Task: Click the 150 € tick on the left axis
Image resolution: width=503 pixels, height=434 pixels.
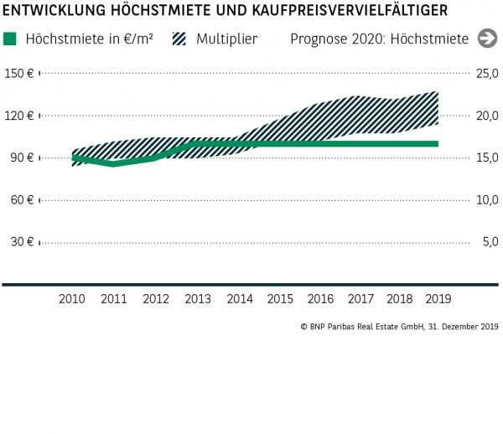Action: point(18,74)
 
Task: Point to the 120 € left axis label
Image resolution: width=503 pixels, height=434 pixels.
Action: point(18,116)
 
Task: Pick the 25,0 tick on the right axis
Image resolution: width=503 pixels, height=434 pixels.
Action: point(487,74)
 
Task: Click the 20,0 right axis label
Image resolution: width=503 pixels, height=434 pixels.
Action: point(487,116)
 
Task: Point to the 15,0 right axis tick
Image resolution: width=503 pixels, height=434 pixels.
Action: point(487,158)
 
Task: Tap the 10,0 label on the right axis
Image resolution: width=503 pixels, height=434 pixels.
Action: point(487,199)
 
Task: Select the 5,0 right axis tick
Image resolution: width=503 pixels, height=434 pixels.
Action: point(490,242)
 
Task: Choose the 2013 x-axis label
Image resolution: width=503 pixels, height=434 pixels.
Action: point(197,299)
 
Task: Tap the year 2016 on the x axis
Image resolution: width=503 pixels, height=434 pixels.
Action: point(320,299)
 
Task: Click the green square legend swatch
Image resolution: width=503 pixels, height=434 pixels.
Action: point(10,39)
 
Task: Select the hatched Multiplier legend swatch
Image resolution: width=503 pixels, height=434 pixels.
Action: point(179,39)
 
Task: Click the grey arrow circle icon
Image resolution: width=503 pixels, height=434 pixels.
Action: point(487,39)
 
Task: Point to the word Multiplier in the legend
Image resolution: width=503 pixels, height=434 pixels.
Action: point(227,39)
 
